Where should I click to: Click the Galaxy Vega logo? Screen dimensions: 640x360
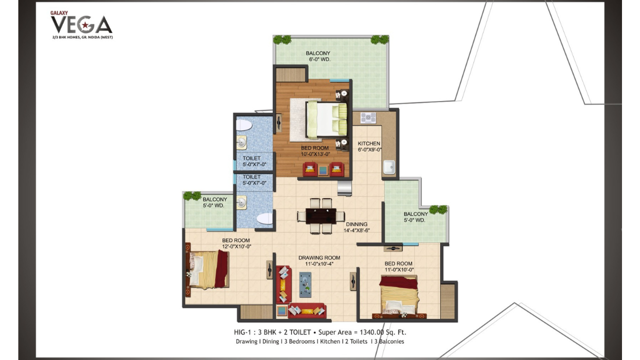(81, 25)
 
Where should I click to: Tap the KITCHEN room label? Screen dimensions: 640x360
(369, 143)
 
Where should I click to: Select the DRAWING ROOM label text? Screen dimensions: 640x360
(319, 257)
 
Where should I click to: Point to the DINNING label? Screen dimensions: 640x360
(356, 224)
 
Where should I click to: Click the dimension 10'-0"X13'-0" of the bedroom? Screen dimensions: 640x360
(315, 154)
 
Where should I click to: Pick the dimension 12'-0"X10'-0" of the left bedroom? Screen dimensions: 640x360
(236, 246)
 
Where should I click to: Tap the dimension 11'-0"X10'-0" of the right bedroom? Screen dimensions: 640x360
(399, 269)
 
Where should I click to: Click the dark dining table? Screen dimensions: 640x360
(321, 215)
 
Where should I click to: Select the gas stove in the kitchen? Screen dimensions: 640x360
(368, 117)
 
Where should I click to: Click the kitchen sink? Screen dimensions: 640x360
(389, 167)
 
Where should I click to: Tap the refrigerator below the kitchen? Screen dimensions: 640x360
(344, 188)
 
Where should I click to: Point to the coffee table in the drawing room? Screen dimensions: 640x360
(305, 284)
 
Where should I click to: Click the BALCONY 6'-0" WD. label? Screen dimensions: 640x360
(319, 56)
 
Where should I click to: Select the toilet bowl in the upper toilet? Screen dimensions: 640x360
(243, 125)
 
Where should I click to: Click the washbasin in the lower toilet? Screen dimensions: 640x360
(241, 202)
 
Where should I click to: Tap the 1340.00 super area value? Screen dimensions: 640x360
(371, 332)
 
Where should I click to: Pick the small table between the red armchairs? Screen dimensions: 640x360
(323, 171)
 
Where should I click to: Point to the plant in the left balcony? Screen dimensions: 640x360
(192, 196)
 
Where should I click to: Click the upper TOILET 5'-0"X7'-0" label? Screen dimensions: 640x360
(254, 161)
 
